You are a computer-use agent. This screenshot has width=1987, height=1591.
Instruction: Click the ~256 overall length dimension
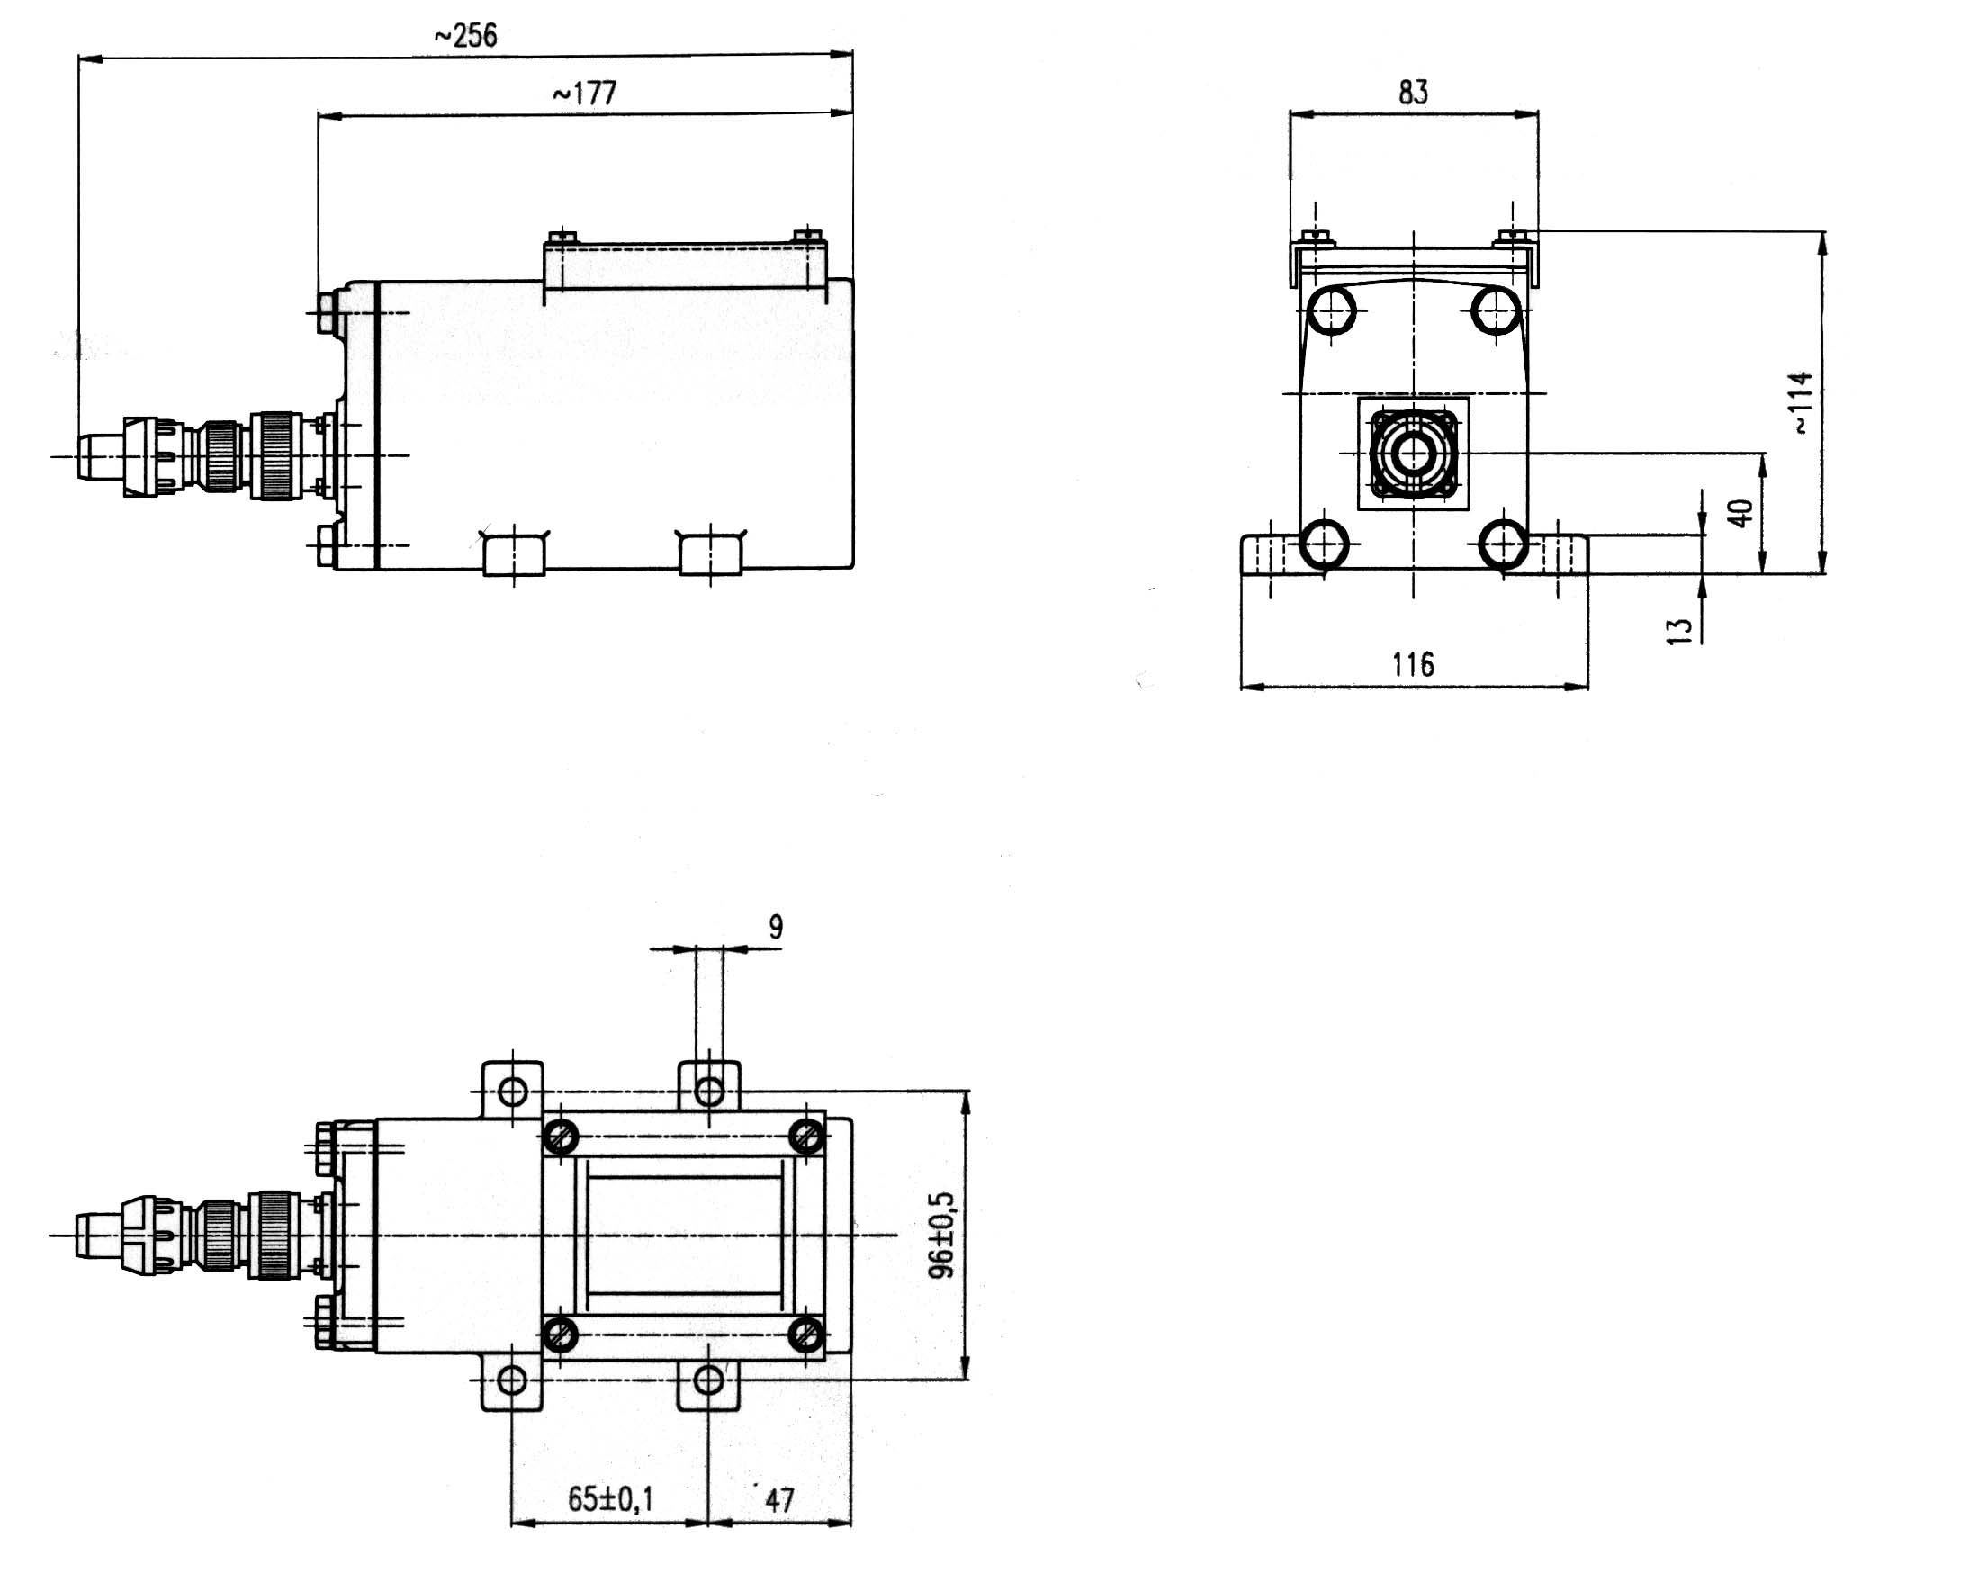465,36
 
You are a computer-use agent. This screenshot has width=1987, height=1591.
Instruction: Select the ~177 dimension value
584,93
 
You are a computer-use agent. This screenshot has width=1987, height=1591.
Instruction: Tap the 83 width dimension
1413,92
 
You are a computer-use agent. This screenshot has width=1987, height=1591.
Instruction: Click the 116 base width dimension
1413,664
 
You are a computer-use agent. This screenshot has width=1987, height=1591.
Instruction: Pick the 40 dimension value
1740,513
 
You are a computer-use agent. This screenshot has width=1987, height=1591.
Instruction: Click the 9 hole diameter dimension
775,926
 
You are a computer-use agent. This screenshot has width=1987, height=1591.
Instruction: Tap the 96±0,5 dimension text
943,1236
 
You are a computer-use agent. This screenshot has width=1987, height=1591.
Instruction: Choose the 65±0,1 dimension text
610,1499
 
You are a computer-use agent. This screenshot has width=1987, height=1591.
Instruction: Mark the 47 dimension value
778,1501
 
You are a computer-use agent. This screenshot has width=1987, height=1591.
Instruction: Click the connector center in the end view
1413,453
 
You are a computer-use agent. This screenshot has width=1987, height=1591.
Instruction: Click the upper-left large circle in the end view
1332,310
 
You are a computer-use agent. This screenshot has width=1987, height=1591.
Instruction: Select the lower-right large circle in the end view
1502,544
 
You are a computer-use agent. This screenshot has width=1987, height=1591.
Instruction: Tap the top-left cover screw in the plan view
561,1137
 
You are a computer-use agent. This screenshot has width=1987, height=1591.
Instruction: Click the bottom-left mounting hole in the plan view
512,1380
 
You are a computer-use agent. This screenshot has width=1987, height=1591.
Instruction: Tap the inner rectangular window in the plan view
683,1236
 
